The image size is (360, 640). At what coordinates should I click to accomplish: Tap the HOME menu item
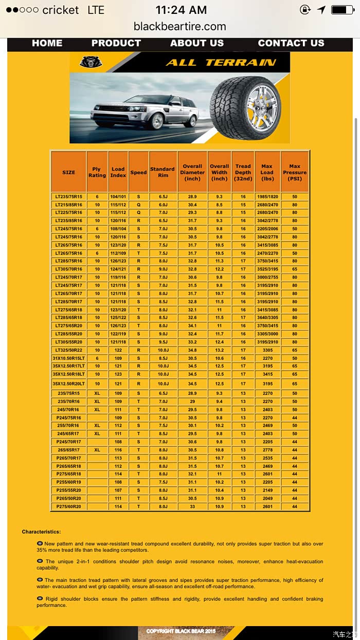point(47,43)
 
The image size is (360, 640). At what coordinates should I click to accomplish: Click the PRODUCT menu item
point(116,43)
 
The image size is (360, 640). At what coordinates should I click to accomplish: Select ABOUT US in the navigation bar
point(197,43)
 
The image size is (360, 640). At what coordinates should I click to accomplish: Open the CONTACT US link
point(291,43)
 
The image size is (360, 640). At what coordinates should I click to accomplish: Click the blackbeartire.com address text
point(180,26)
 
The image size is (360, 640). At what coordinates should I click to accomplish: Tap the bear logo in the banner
point(91,62)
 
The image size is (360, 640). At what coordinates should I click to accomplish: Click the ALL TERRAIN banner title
point(221,63)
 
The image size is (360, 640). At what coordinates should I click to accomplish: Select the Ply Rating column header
point(97,172)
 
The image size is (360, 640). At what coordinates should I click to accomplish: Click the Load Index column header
point(118,172)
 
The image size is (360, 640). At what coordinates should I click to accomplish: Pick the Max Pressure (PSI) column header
point(295,172)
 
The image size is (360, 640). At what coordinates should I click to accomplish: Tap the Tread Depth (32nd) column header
point(243,172)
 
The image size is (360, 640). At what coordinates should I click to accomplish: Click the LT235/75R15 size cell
point(68,197)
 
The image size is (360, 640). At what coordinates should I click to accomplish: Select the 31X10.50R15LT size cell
point(68,358)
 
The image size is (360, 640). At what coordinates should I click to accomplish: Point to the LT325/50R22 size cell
point(68,350)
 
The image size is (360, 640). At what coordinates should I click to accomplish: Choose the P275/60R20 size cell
point(68,507)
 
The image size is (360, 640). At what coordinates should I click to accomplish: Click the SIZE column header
point(68,172)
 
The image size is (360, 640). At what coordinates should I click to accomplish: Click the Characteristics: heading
point(41,532)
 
